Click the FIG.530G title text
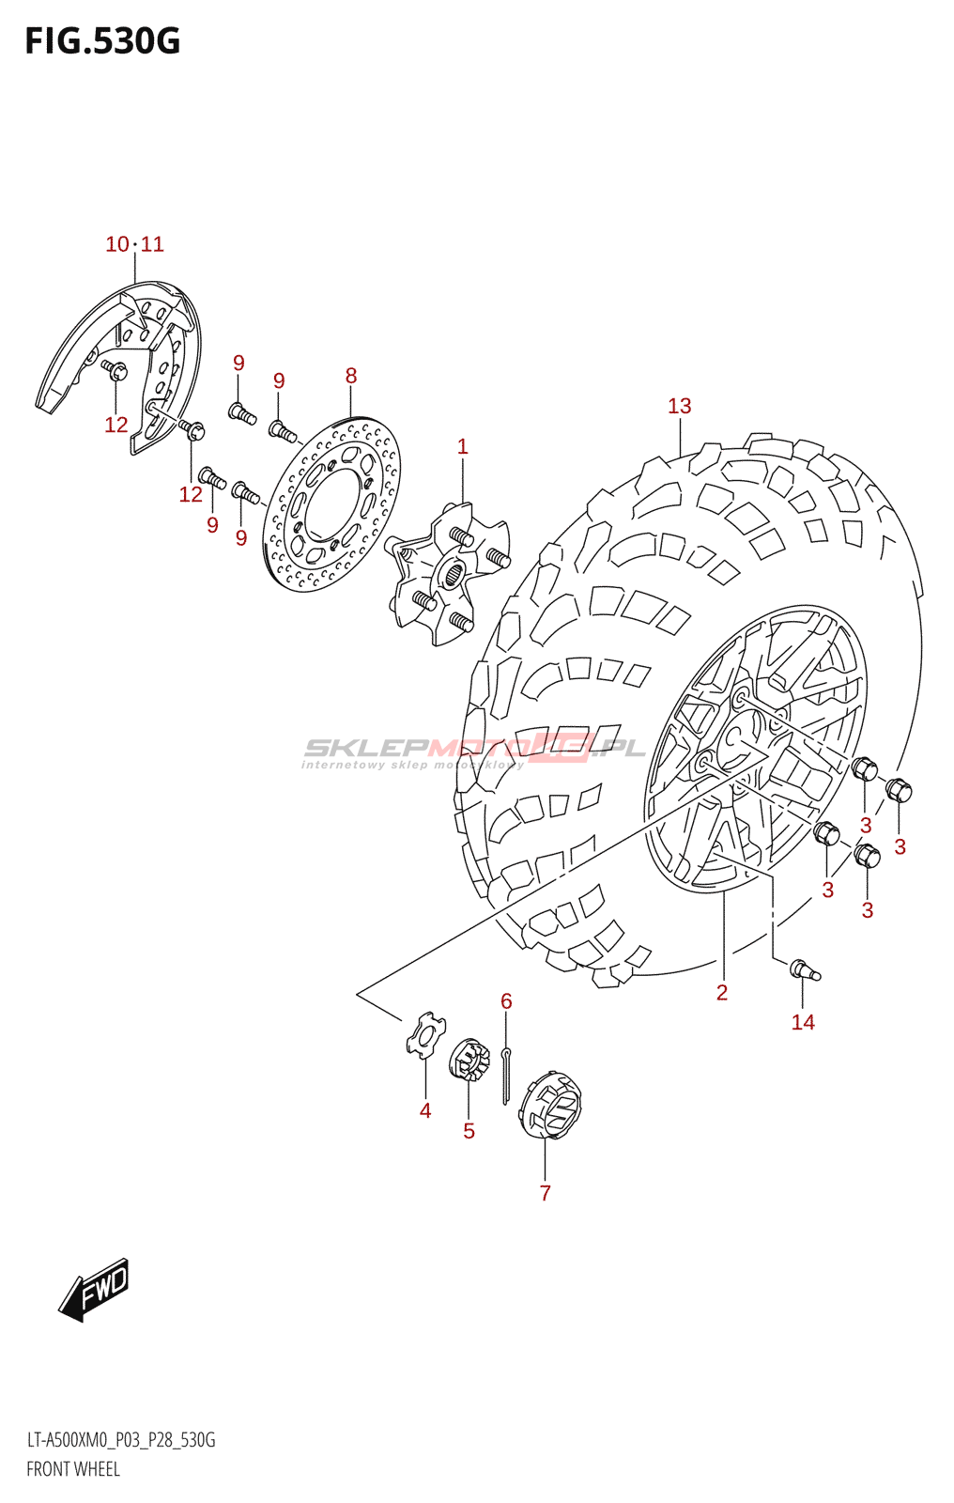[x=101, y=41]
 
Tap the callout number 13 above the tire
[x=679, y=406]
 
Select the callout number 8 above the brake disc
[x=351, y=376]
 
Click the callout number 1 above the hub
[x=462, y=446]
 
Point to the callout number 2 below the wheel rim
[x=721, y=992]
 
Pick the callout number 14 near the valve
[x=803, y=1022]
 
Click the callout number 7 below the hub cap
[x=545, y=1192]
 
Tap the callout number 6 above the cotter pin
[x=506, y=1000]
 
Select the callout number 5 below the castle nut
[x=469, y=1131]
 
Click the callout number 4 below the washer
[x=425, y=1110]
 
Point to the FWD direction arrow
[x=95, y=1289]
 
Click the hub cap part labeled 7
[x=552, y=1104]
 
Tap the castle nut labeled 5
[x=470, y=1061]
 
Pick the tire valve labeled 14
[x=805, y=969]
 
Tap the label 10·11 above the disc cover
[x=134, y=244]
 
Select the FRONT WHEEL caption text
[x=73, y=1469]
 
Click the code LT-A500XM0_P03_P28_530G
[x=121, y=1440]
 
